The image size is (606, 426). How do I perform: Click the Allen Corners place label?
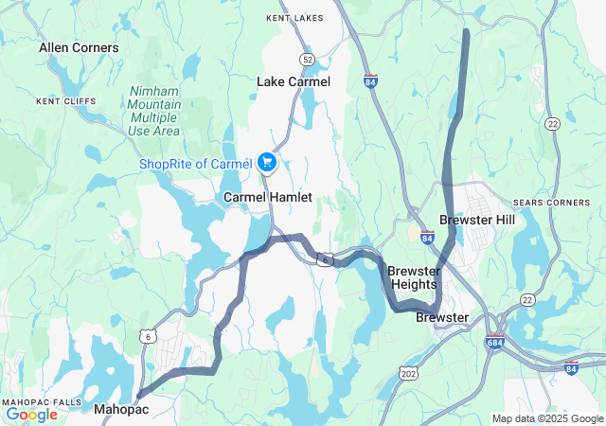click(x=79, y=47)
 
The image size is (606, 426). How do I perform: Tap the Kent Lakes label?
click(x=294, y=18)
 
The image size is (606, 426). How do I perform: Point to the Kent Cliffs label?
click(x=61, y=100)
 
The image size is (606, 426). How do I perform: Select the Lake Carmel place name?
click(x=294, y=81)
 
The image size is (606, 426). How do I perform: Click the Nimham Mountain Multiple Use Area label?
click(x=153, y=110)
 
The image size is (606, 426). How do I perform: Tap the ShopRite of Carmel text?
click(x=195, y=164)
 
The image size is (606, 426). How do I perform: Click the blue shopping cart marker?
click(x=266, y=163)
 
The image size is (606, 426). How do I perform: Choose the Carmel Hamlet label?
click(x=268, y=197)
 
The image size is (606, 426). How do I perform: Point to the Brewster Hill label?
click(x=477, y=220)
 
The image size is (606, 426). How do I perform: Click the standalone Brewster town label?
click(x=442, y=317)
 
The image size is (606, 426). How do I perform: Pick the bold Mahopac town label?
click(x=121, y=409)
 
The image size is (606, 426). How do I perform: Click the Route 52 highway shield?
click(x=308, y=59)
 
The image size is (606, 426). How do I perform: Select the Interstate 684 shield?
click(x=494, y=342)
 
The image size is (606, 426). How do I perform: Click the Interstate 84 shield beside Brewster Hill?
click(x=428, y=240)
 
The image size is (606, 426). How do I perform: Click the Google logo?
click(x=31, y=414)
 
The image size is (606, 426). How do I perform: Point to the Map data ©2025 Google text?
click(x=546, y=418)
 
